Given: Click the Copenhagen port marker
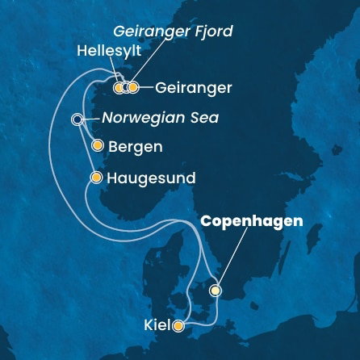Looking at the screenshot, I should click(x=216, y=290).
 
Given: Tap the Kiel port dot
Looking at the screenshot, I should click(x=178, y=326).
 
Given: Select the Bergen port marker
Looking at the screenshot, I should click(x=98, y=146).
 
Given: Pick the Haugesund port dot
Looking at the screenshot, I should click(x=97, y=177).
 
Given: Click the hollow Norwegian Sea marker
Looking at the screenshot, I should click(x=77, y=119).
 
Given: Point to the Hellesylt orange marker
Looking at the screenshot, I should click(x=119, y=87).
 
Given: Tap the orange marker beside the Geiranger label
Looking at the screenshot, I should click(x=134, y=87).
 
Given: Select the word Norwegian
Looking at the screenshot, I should click(x=134, y=119).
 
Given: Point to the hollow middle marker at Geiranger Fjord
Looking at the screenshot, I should click(x=127, y=87).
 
